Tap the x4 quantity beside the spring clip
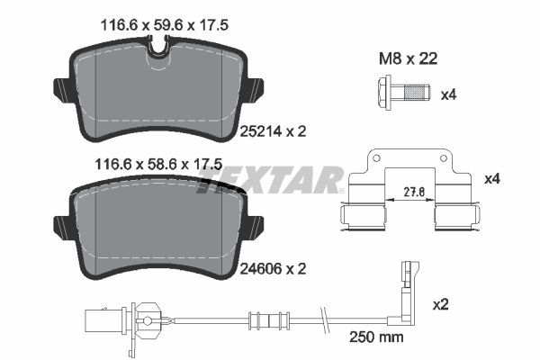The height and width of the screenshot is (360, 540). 491,179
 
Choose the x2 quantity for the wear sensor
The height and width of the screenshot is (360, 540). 439,305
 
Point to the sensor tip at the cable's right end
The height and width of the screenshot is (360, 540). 410,270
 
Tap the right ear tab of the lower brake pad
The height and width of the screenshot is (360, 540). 256,226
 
